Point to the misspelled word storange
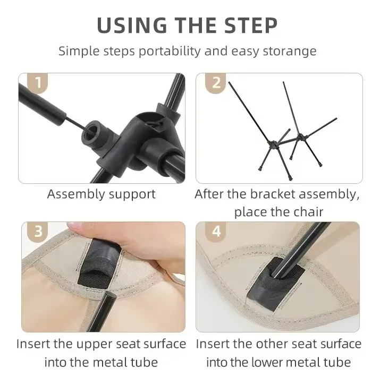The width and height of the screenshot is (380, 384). coord(290,52)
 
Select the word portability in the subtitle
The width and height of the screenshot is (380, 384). coord(170,52)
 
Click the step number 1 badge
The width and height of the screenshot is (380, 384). coord(38,83)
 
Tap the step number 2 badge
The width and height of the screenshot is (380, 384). coord(216,83)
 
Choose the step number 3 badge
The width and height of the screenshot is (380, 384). coord(38,231)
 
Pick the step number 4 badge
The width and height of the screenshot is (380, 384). coord(216,231)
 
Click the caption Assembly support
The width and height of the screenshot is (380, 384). coord(101,194)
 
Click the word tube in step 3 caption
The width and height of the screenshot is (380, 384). coord(144,362)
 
